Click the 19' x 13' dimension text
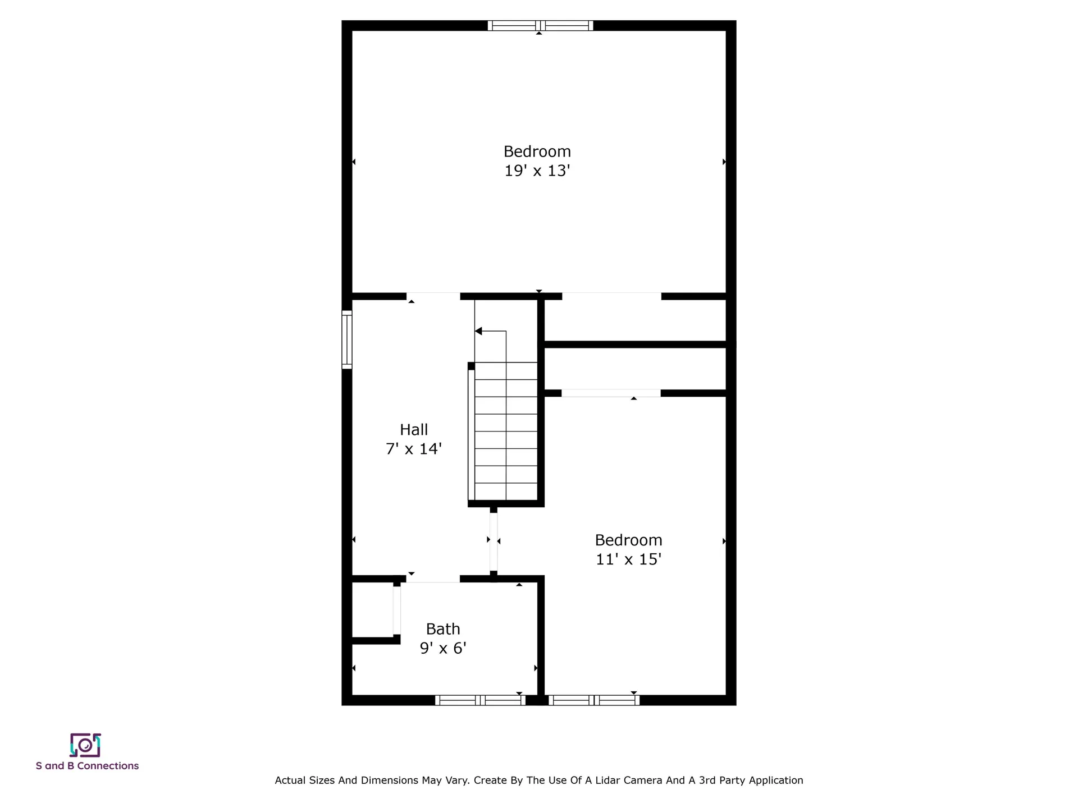coord(537,171)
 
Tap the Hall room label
coord(414,430)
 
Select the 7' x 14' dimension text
coord(414,449)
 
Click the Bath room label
coord(443,629)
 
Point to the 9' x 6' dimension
coord(443,648)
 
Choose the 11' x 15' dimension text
coord(629,559)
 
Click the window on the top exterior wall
coord(540,25)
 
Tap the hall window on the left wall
coord(347,339)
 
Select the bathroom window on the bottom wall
coord(480,700)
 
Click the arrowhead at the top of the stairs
coord(478,331)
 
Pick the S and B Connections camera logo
coord(85,745)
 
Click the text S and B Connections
coord(87,766)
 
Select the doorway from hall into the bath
coord(433,579)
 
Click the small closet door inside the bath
coord(397,610)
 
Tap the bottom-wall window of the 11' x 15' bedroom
coord(594,700)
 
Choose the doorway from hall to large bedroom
coord(433,296)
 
